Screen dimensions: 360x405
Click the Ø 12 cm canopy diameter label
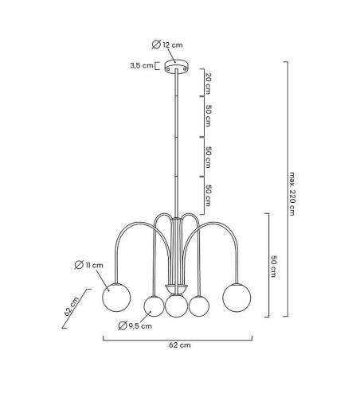(167, 45)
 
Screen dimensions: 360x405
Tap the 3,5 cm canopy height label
(142, 65)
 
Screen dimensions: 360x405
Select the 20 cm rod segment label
(209, 84)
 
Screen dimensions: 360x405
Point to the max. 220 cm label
(292, 194)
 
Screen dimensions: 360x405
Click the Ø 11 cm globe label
(88, 265)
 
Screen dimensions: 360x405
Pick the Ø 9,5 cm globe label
(135, 325)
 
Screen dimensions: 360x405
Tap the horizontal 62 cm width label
(180, 345)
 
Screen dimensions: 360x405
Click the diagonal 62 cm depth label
(72, 306)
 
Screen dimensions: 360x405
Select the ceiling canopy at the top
(176, 66)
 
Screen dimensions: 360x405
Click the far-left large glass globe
(116, 298)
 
